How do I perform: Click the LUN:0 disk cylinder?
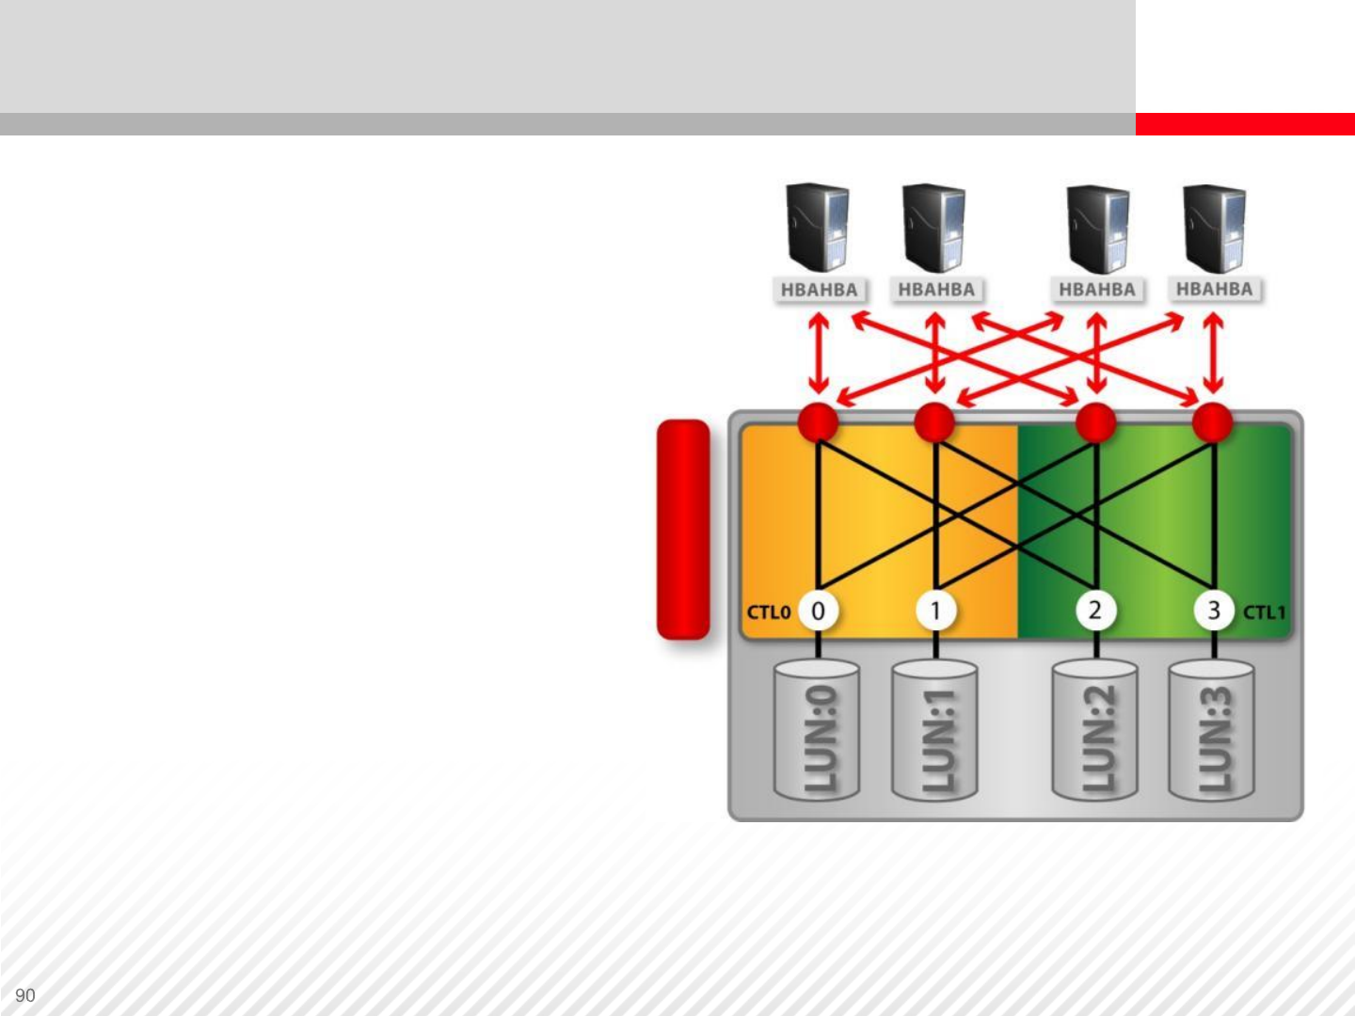pos(817,732)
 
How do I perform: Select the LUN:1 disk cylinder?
pos(934,732)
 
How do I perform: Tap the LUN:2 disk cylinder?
pos(1095,732)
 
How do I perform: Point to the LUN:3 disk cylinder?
pos(1212,732)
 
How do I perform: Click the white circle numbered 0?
pos(818,611)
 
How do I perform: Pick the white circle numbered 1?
pos(935,611)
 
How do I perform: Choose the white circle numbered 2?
pos(1095,611)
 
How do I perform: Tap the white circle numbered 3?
pos(1214,611)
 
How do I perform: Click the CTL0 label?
pos(768,612)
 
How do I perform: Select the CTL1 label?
pos(1264,612)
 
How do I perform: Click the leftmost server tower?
pos(817,229)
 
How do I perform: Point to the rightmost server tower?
pos(1214,229)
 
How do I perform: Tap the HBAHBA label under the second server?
pos(936,290)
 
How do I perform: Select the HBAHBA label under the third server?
pos(1097,290)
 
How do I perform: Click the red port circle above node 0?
pos(818,422)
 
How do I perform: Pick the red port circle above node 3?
pos(1213,422)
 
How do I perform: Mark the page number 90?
pos(25,995)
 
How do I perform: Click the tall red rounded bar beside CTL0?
pos(683,530)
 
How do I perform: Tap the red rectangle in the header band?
pos(1244,124)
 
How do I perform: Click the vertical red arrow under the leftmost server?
pos(819,354)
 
